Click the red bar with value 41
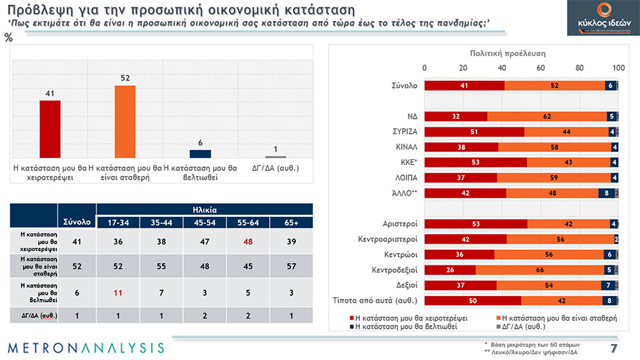pyautogui.click(x=50, y=129)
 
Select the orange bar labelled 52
pyautogui.click(x=125, y=121)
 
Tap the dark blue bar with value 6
pyautogui.click(x=200, y=153)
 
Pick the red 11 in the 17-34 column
pyautogui.click(x=118, y=294)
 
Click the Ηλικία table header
pyautogui.click(x=204, y=209)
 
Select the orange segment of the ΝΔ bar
pyautogui.click(x=546, y=116)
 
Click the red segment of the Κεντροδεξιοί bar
pyautogui.click(x=449, y=270)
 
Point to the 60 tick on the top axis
pyautogui.click(x=541, y=68)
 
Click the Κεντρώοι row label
pyautogui.click(x=399, y=255)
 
